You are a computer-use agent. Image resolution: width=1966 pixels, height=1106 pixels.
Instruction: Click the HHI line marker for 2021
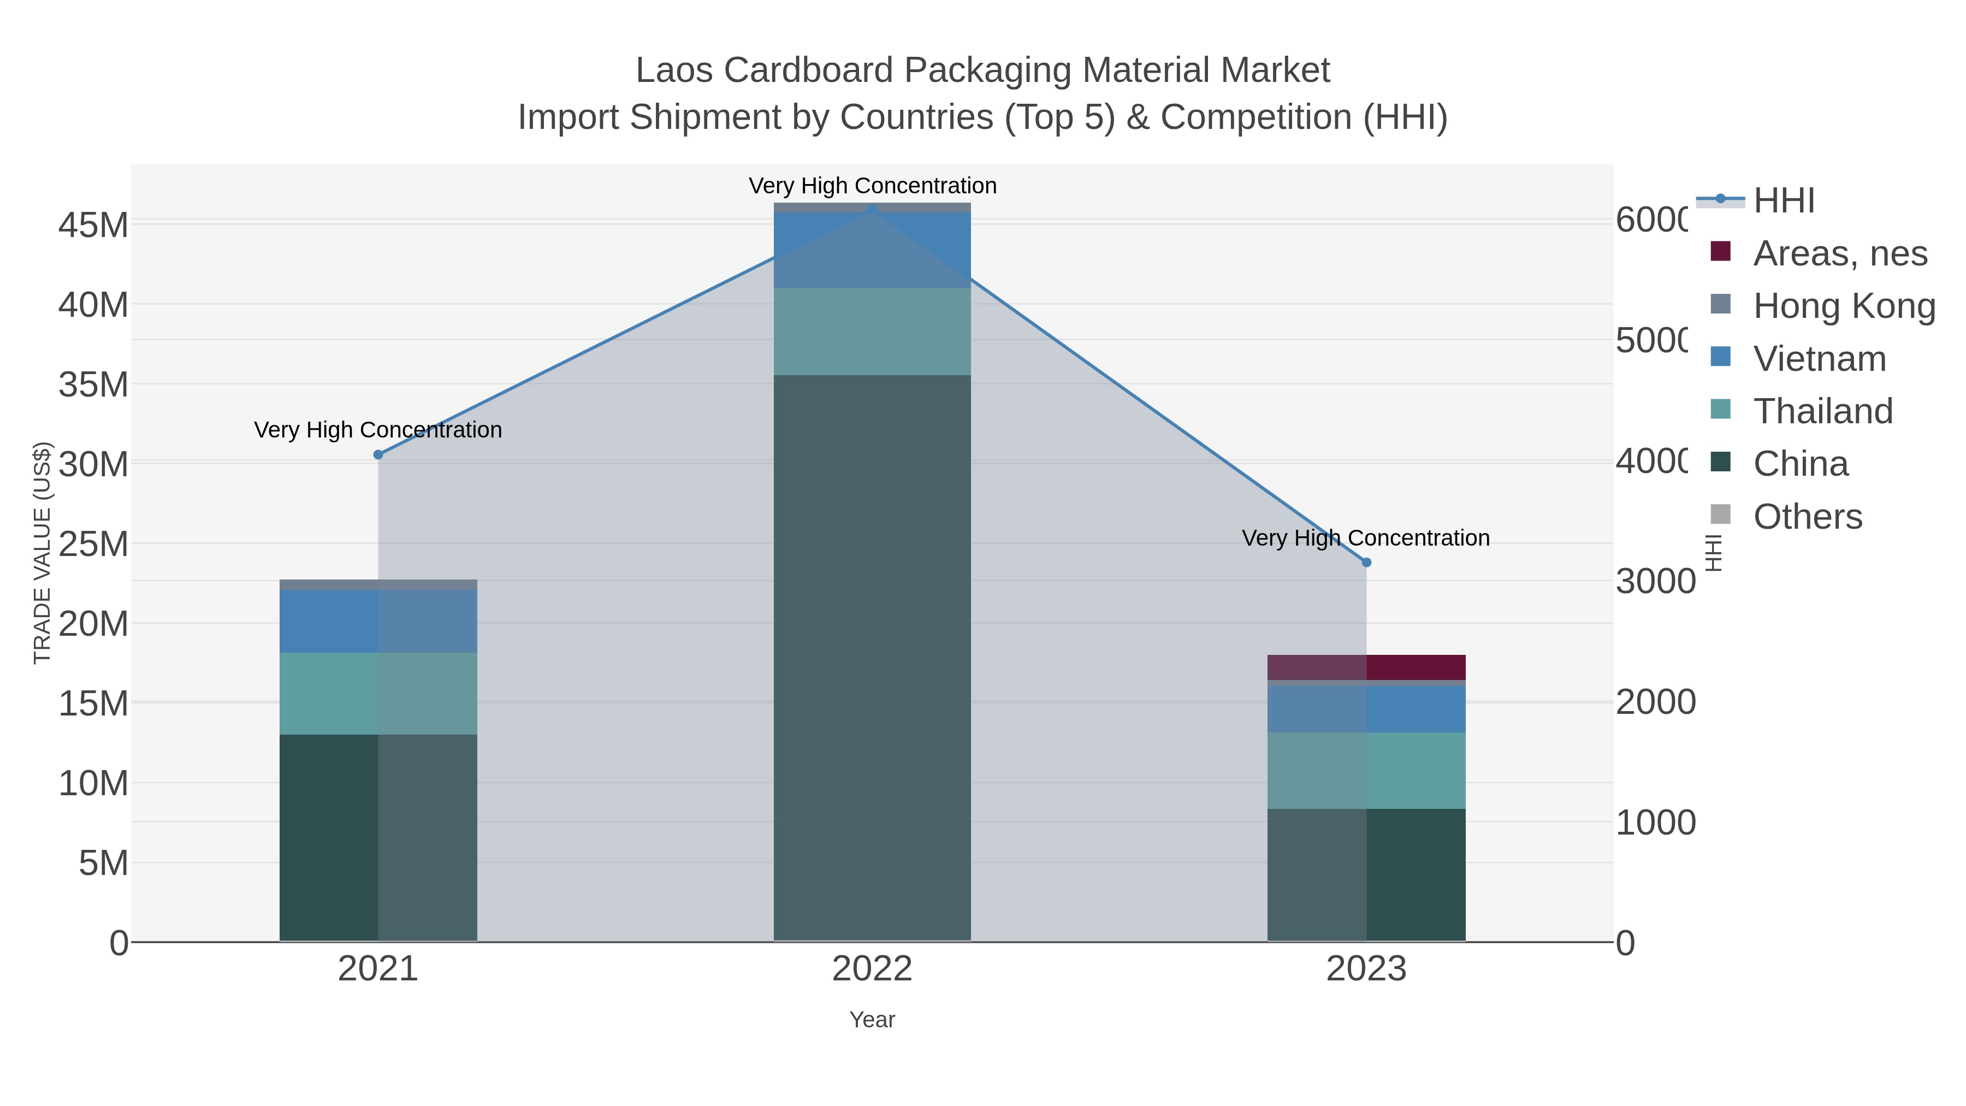click(378, 455)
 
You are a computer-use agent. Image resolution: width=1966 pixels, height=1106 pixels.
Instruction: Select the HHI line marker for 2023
click(1366, 563)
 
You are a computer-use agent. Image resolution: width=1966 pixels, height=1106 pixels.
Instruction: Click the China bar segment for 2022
click(872, 656)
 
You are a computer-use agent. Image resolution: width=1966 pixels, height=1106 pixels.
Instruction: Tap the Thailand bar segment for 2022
click(872, 332)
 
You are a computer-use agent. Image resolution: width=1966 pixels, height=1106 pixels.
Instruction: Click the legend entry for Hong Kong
click(1843, 306)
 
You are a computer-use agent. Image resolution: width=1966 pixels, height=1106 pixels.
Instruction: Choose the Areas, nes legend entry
click(1839, 253)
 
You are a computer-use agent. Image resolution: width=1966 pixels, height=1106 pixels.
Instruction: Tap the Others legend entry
click(1807, 517)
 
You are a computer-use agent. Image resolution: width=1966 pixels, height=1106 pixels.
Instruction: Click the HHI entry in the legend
click(1783, 201)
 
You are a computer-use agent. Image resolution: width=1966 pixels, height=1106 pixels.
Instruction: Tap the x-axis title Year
click(872, 1020)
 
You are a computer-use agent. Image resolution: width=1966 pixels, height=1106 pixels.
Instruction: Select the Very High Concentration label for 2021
click(378, 430)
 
